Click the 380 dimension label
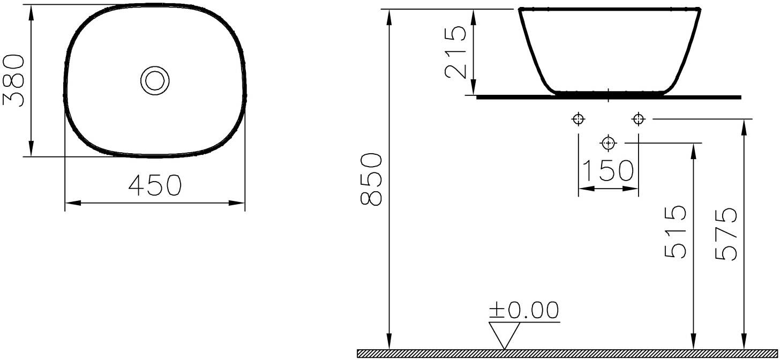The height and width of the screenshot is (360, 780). (x=13, y=80)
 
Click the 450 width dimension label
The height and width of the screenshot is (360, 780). (x=155, y=185)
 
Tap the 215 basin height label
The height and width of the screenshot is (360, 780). (x=455, y=52)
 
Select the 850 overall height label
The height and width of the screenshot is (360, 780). (x=371, y=179)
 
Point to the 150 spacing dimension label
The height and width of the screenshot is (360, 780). (x=608, y=170)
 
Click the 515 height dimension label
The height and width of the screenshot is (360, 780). (x=675, y=232)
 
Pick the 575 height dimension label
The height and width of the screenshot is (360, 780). (x=726, y=234)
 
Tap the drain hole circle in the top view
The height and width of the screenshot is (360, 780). (x=155, y=67)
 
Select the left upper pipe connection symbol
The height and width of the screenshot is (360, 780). (x=579, y=119)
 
